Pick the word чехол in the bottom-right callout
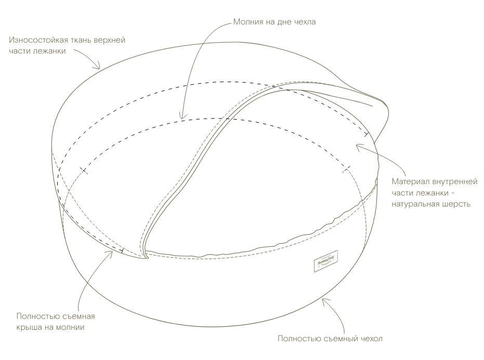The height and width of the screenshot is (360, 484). pos(370,339)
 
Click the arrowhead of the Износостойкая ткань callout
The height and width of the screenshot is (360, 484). pos(99,68)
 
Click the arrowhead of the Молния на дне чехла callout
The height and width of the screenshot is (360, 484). pos(181,118)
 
